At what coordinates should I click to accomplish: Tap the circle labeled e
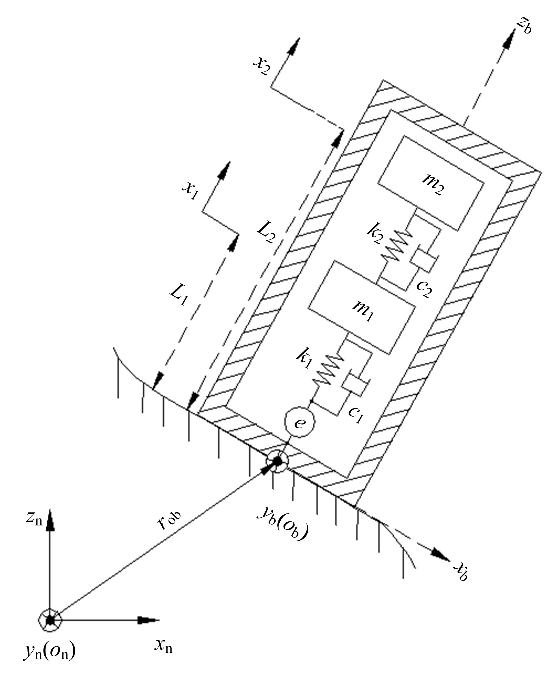(300, 422)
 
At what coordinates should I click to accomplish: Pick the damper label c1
(356, 415)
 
